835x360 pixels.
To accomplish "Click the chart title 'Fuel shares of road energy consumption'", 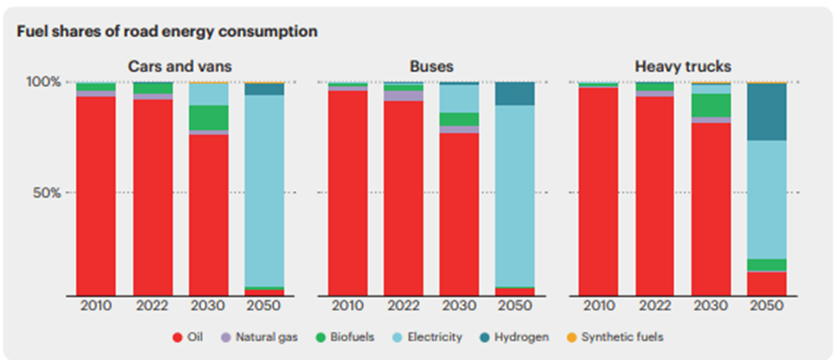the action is click(167, 32).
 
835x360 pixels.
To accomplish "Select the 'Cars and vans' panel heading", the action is click(179, 67).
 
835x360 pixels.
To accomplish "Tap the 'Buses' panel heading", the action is click(431, 67).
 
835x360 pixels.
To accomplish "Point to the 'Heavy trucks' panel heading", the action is click(683, 67).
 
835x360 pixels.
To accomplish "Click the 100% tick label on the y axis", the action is click(44, 82).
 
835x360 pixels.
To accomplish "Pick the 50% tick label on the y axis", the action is click(48, 192).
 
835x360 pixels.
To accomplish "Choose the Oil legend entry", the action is click(188, 337).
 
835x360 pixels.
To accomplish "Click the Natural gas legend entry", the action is click(259, 337).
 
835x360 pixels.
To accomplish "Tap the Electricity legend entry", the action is click(427, 337).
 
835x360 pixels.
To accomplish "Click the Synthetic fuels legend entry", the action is click(615, 337).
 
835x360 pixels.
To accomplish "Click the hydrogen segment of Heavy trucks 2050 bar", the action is click(767, 112).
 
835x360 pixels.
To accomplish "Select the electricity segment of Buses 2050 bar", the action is click(514, 196).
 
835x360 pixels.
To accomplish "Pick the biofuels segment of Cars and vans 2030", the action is click(209, 118).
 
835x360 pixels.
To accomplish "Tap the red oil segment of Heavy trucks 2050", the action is click(767, 284).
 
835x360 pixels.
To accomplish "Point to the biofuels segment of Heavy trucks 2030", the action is click(711, 105).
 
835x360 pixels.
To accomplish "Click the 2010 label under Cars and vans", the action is click(96, 306).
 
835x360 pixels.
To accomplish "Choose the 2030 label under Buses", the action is click(459, 306).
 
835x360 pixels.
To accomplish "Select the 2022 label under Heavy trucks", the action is click(655, 306).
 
